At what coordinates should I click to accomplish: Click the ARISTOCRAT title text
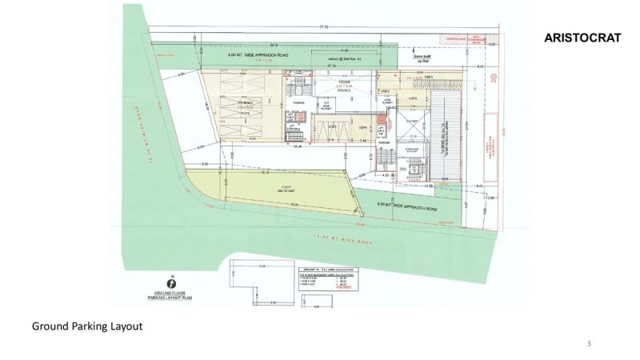582,38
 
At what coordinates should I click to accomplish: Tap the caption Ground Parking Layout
86,326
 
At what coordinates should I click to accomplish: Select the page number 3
589,343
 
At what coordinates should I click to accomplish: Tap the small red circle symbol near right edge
494,79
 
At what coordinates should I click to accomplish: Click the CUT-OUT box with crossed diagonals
413,125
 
